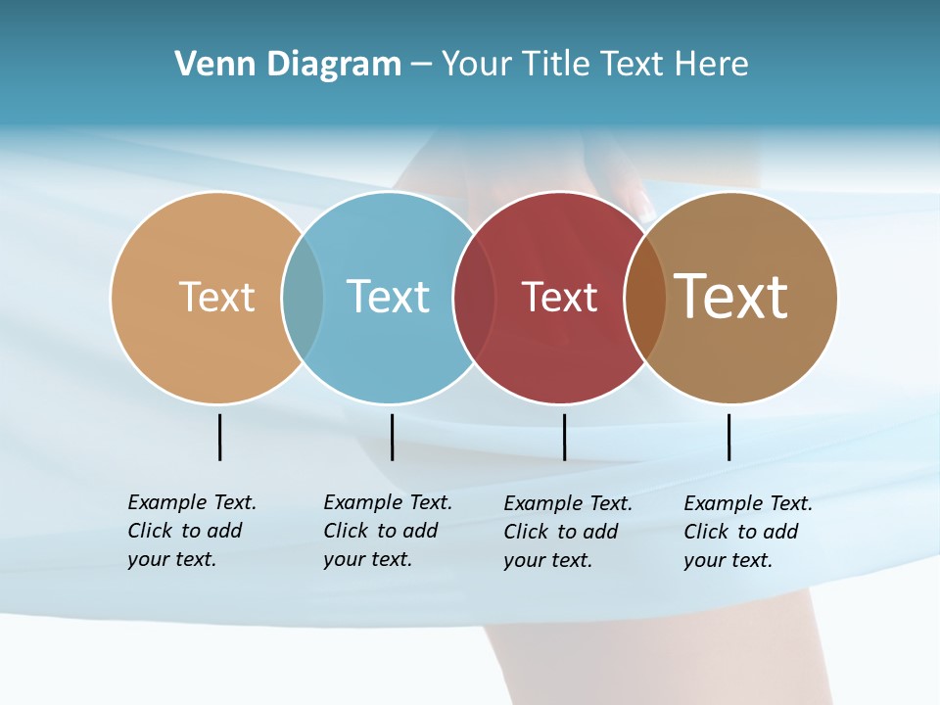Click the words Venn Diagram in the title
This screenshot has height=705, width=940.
coord(288,65)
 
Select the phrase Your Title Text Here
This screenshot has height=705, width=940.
coord(594,65)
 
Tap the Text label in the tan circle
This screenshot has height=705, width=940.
coord(217,297)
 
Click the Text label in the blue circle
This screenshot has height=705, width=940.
coord(389,297)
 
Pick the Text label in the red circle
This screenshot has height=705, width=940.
coord(560,298)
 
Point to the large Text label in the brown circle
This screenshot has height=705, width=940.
coord(731,296)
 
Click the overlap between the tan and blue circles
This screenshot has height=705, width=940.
coord(303,297)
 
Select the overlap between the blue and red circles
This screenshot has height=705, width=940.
coord(474,297)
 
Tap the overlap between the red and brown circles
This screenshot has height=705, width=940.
coord(644,298)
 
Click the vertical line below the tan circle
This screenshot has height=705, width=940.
coord(219,437)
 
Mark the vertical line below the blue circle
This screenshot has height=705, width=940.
coord(392,437)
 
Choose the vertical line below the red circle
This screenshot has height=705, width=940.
coord(564,437)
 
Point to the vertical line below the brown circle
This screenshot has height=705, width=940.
coord(728,437)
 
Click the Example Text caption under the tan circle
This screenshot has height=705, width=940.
coord(192,531)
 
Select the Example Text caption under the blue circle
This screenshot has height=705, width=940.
coord(388,531)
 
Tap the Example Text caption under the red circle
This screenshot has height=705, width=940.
coord(568,532)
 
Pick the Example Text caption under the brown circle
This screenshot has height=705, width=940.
coord(748,532)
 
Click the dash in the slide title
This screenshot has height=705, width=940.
coord(421,65)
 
